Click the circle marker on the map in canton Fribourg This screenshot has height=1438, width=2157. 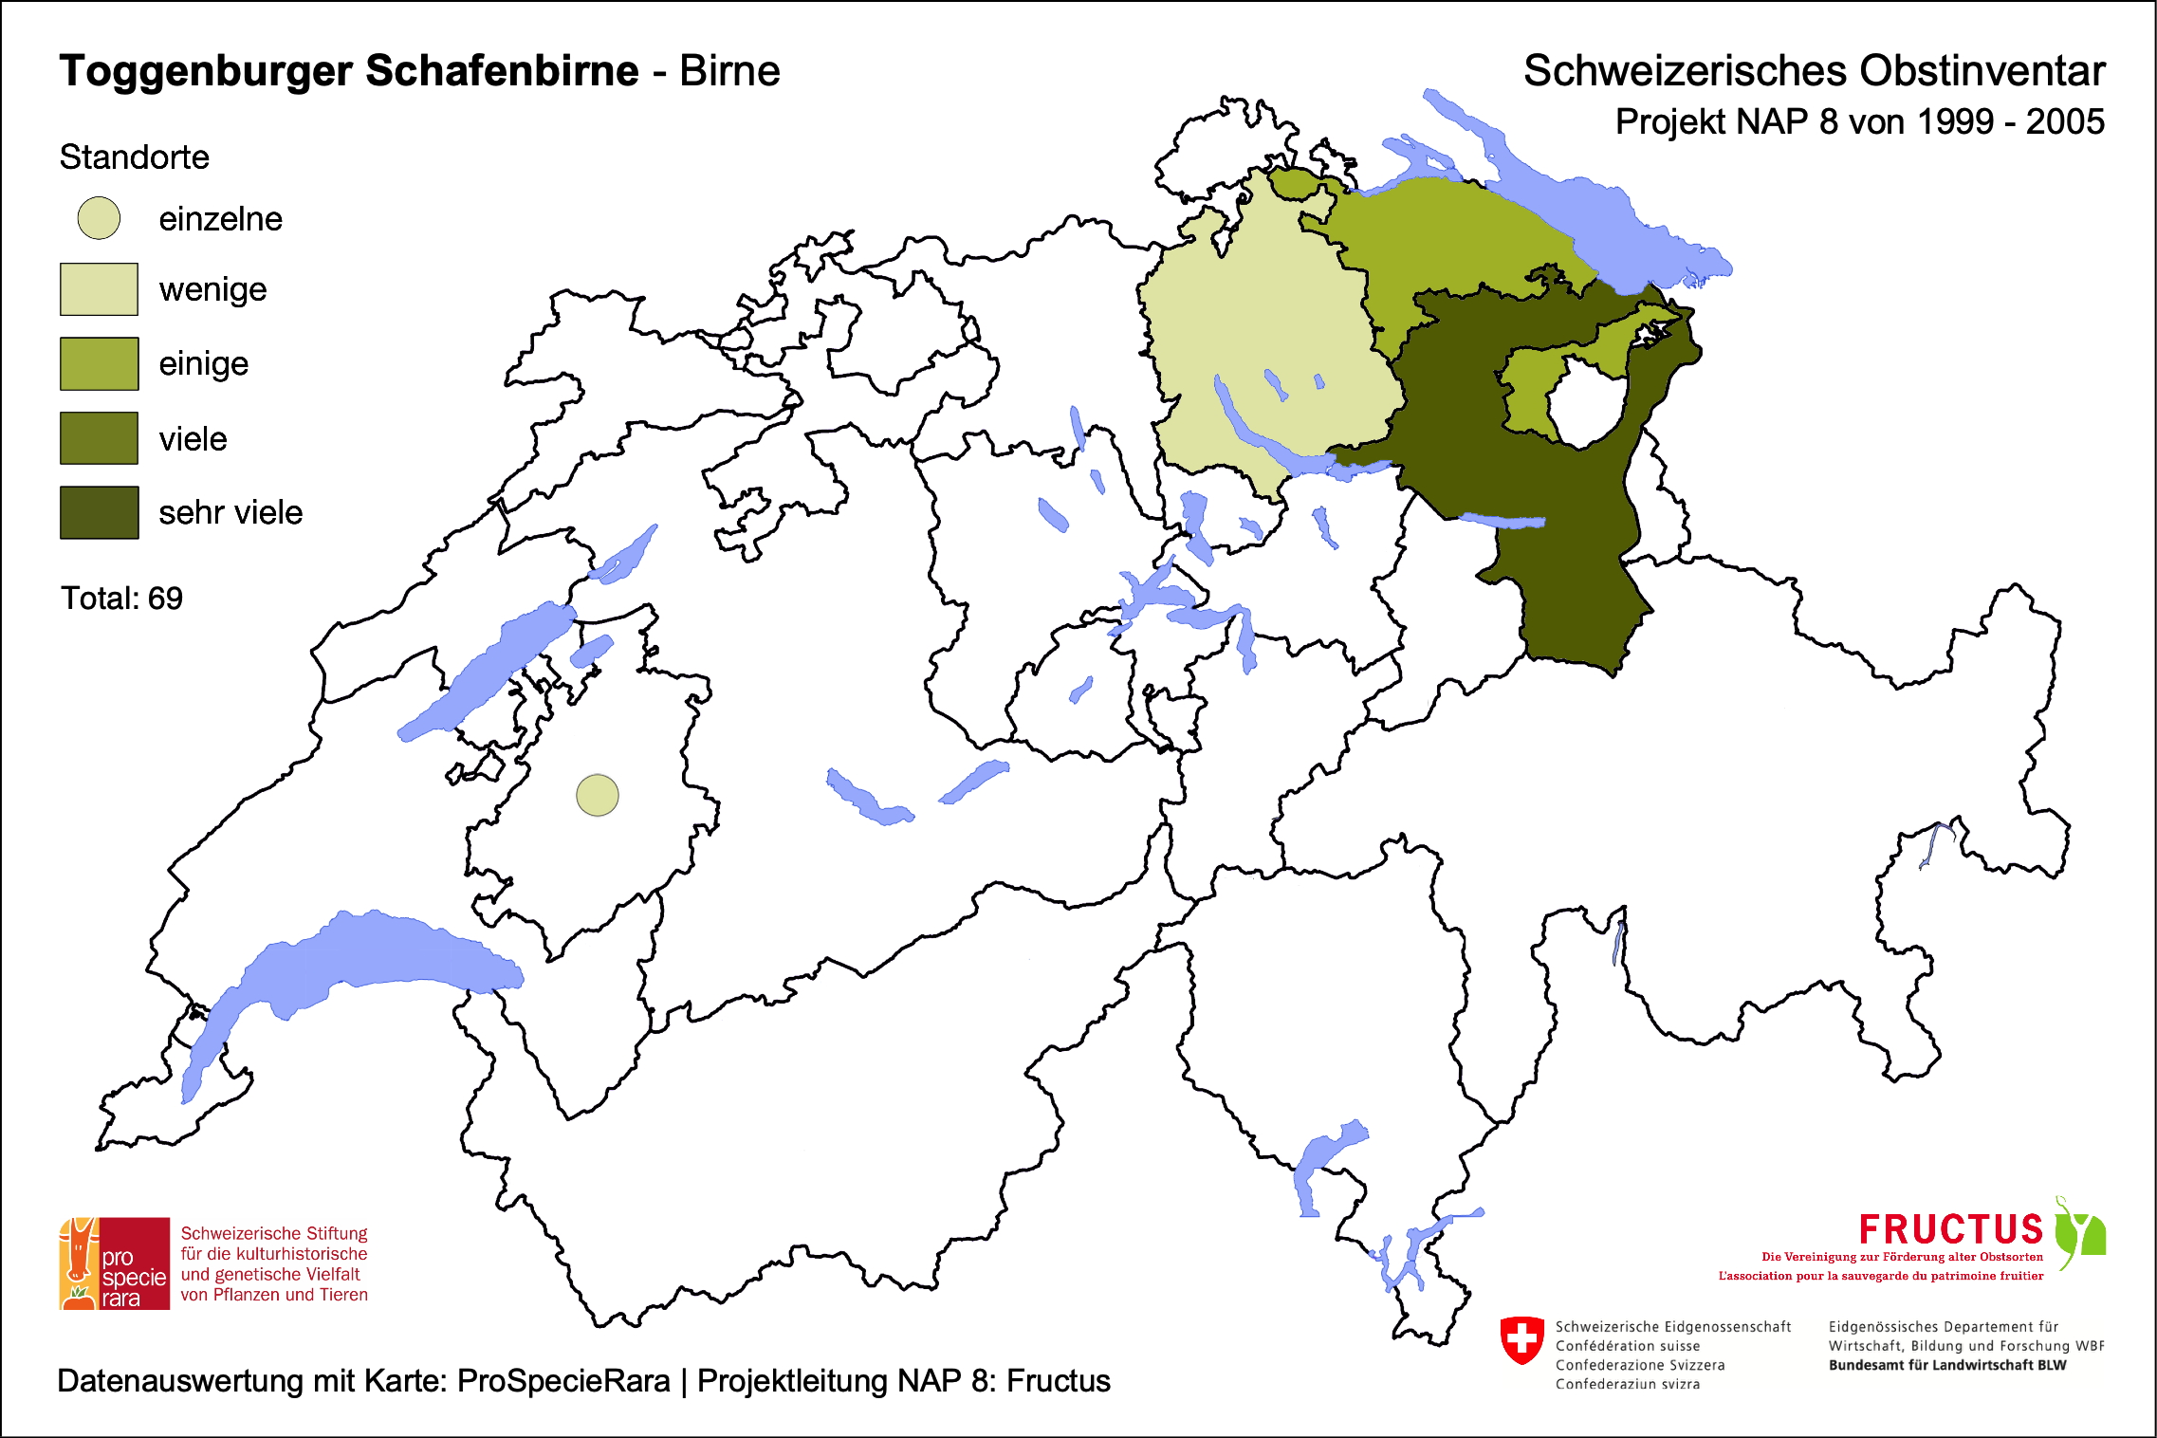click(x=598, y=795)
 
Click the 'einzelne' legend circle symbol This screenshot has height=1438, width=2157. click(x=99, y=218)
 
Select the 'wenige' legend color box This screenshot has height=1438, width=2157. click(x=99, y=289)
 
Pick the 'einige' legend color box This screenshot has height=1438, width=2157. click(x=99, y=363)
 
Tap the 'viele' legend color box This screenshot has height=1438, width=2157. click(x=99, y=438)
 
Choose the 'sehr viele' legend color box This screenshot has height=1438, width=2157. click(x=99, y=512)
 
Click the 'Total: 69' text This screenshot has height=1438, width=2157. click(x=121, y=599)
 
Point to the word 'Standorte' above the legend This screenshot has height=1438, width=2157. click(x=134, y=157)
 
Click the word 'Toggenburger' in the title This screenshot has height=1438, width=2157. click(x=206, y=71)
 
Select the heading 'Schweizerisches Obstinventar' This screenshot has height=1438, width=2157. click(x=1814, y=71)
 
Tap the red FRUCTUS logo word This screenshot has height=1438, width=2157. click(x=1950, y=1230)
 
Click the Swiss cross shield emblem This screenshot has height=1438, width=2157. click(x=1521, y=1339)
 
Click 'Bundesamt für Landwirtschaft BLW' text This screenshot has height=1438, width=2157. click(x=1946, y=1365)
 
